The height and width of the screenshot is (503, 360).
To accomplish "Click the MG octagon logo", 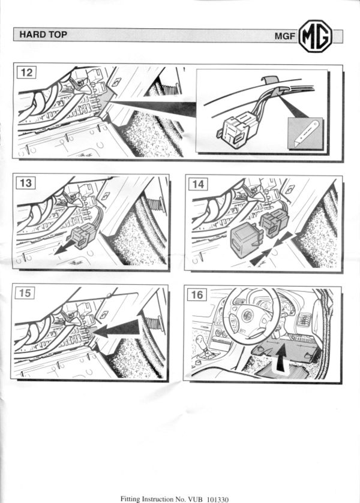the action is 315,36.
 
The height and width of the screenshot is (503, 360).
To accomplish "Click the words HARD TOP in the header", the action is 43,34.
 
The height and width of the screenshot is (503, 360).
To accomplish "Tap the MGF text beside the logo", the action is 284,36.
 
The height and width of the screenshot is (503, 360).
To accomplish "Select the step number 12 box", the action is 26,72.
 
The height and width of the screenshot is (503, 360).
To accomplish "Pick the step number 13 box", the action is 26,183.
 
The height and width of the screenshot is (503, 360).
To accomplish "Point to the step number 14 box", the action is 198,184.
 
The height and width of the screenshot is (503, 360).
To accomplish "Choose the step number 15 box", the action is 25,293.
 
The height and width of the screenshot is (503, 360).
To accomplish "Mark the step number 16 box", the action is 197,294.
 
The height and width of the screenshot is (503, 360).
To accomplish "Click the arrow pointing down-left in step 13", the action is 67,248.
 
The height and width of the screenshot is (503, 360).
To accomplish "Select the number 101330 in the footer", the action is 217,499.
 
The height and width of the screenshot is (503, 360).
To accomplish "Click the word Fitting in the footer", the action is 130,499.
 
